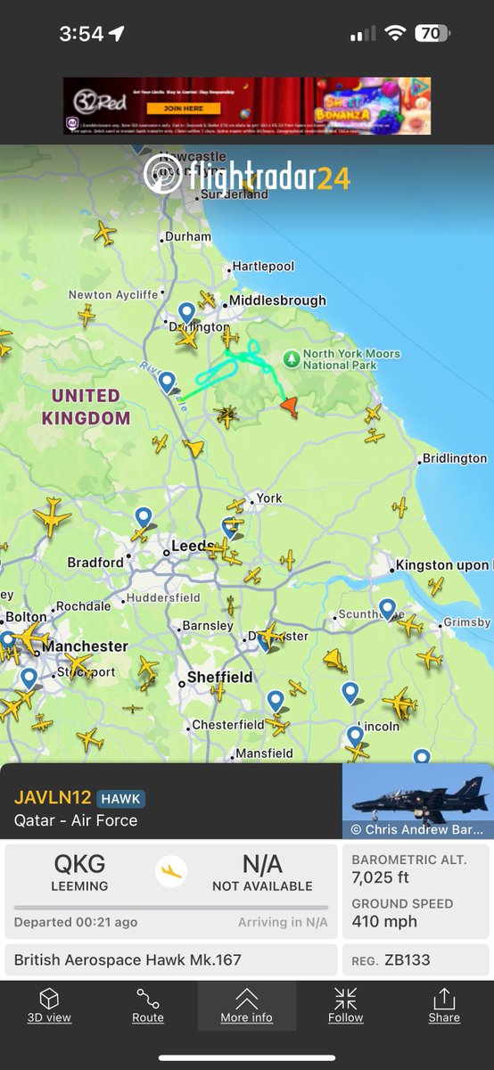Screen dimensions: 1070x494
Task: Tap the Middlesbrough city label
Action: coord(277,300)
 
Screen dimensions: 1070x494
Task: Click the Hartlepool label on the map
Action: coord(262,267)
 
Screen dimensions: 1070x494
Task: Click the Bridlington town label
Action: coord(455,458)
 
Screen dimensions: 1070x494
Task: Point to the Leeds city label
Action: coord(192,546)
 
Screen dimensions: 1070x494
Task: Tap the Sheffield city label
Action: coord(219,678)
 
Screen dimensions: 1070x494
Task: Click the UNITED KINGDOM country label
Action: coord(86,407)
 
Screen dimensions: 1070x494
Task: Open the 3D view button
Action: coord(49,1005)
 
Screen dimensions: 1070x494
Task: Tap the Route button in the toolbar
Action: coord(148,1005)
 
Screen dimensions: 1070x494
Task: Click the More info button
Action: coord(247,1005)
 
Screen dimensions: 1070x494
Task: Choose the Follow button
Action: coord(346,1005)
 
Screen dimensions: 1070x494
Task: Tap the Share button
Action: coord(444,1005)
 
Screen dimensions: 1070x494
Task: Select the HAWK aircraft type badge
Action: coord(120,799)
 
